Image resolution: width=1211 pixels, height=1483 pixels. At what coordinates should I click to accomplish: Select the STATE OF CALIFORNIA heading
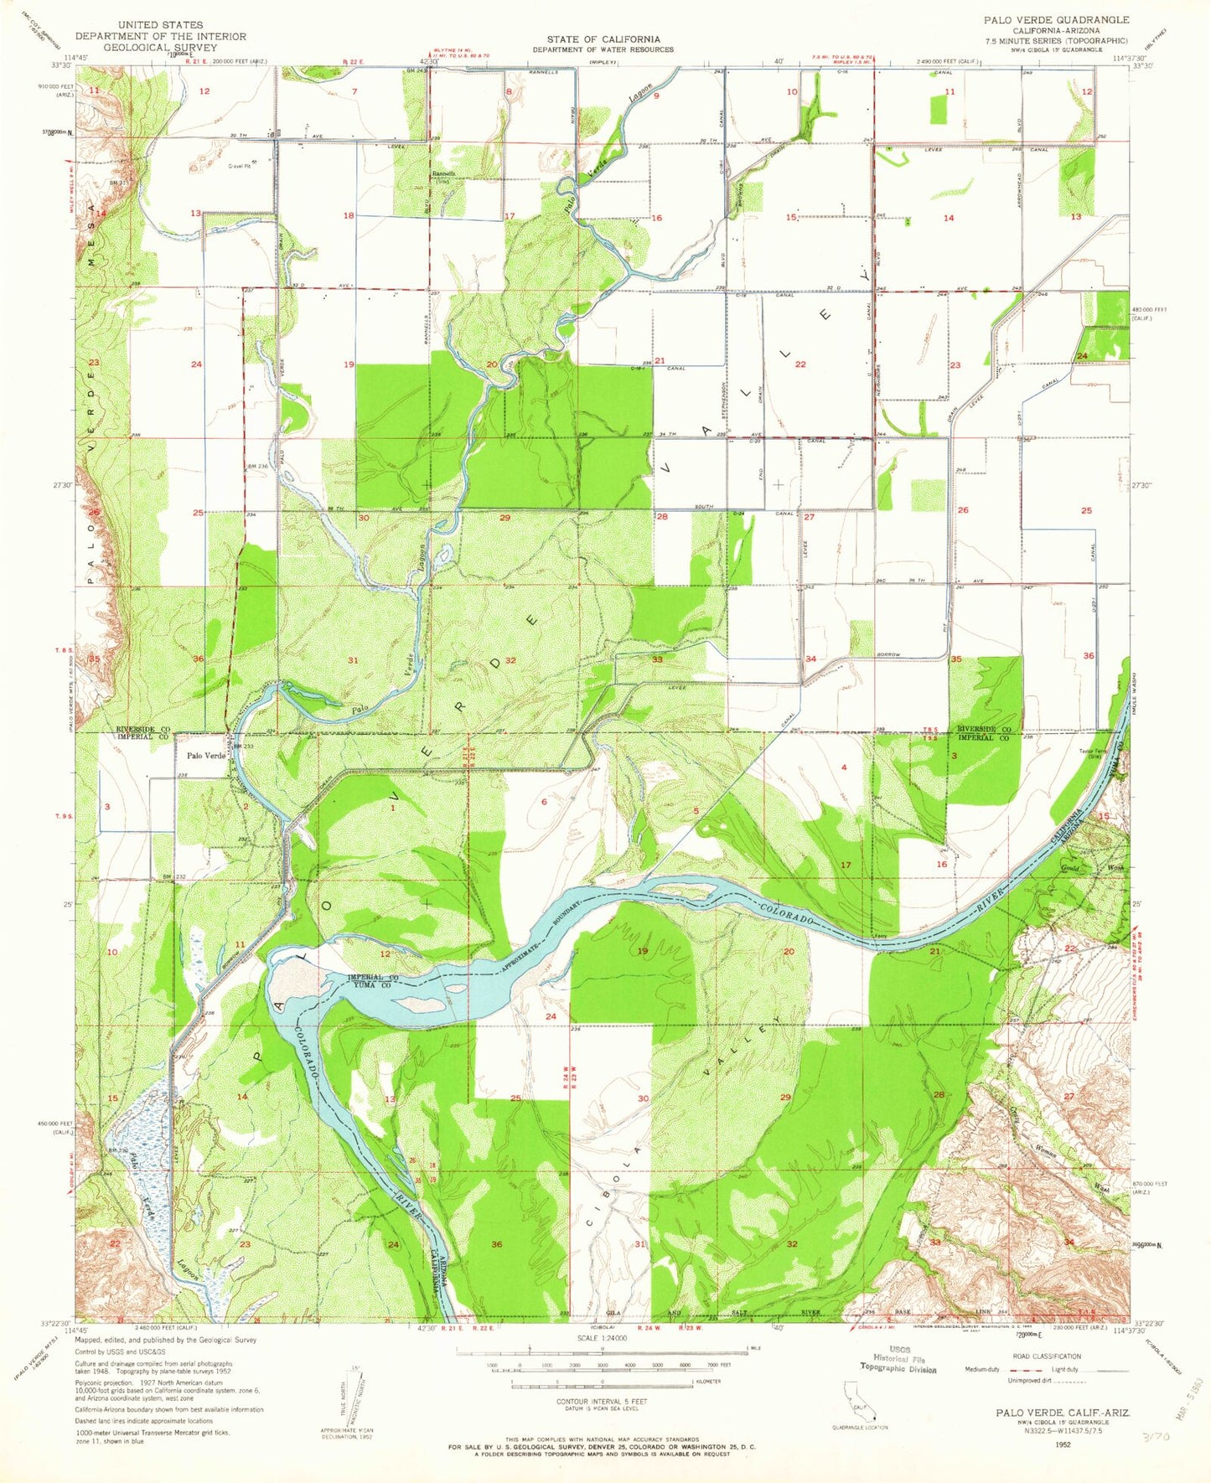(x=603, y=39)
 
